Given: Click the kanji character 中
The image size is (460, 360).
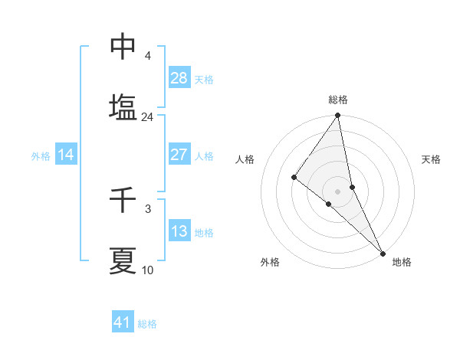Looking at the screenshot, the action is click(123, 47).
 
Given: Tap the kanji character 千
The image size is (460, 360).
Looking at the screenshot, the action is click(123, 201).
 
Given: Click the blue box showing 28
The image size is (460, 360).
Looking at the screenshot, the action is click(179, 77).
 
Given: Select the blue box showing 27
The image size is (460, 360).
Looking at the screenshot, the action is click(179, 155).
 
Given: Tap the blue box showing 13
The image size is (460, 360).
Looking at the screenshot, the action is click(179, 231).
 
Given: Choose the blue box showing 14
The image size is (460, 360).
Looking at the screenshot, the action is click(66, 155).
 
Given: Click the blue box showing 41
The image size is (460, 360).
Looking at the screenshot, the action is click(123, 322).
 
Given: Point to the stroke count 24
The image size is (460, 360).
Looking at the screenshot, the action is click(147, 117).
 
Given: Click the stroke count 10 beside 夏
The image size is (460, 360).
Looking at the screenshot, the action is click(147, 270).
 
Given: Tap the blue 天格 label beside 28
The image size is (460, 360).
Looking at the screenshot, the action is click(204, 79).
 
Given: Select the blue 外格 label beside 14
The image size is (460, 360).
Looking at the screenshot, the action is click(41, 156).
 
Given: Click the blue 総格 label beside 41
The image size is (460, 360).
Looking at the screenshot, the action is click(147, 324).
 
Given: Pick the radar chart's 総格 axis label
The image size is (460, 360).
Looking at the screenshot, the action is click(338, 100).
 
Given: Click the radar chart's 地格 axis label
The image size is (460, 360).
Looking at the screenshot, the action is click(402, 262).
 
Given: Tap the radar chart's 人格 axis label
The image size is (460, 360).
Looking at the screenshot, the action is click(245, 159).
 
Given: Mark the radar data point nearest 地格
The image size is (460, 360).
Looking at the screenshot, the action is click(383, 252).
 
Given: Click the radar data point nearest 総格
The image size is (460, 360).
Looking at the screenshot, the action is click(337, 116).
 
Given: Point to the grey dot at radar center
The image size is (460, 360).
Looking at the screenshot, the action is click(337, 191).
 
